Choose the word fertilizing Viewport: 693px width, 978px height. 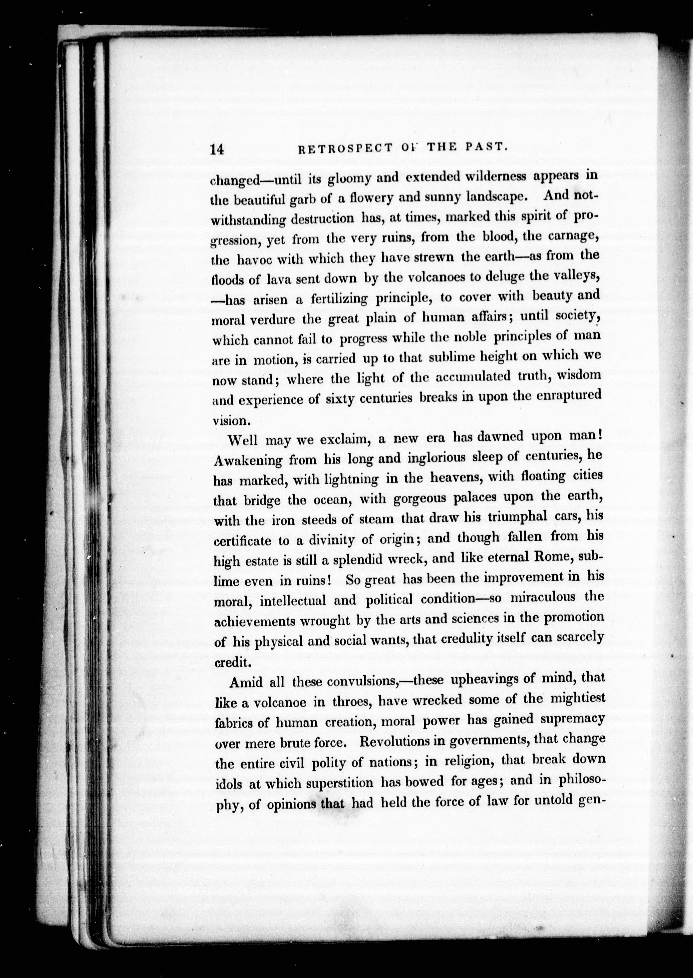[339, 299]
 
